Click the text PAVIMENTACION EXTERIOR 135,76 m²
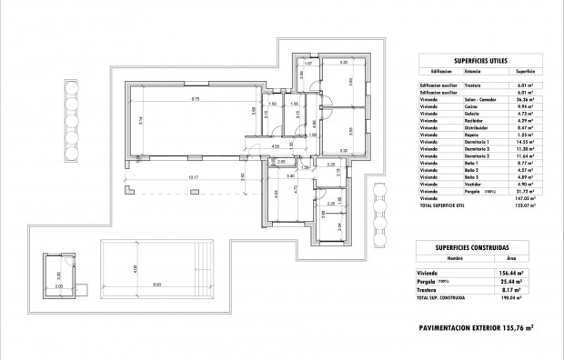click(x=476, y=327)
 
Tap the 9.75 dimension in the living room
click(x=195, y=99)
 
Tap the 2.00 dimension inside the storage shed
click(x=61, y=285)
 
